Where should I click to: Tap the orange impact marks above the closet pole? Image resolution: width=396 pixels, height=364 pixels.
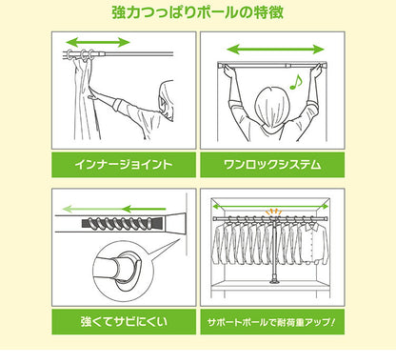(x=276, y=211)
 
